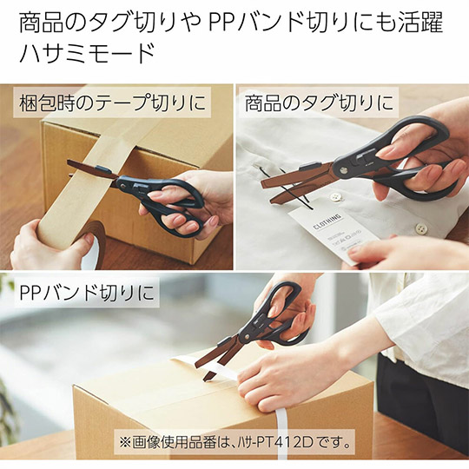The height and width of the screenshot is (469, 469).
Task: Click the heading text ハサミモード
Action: tap(87, 55)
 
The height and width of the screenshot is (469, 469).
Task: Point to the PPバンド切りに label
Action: tap(87, 293)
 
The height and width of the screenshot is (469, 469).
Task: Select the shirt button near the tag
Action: tap(420, 228)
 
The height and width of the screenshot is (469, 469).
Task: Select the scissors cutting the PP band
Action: tap(261, 330)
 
